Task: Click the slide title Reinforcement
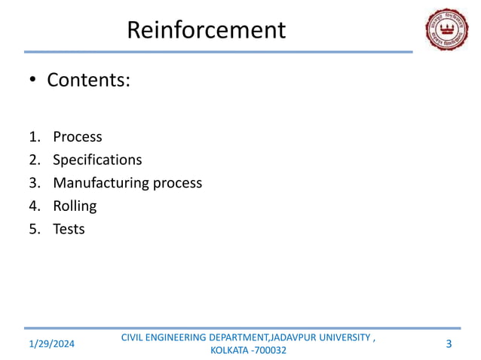[206, 30]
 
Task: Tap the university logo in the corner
[446, 30]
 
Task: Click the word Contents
[88, 80]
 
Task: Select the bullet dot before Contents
[33, 81]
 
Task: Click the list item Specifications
[97, 160]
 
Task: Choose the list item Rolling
[75, 206]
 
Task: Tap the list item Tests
[69, 228]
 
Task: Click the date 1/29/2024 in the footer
[52, 344]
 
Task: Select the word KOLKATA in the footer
[227, 351]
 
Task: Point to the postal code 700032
[270, 351]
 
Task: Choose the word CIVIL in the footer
[134, 337]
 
